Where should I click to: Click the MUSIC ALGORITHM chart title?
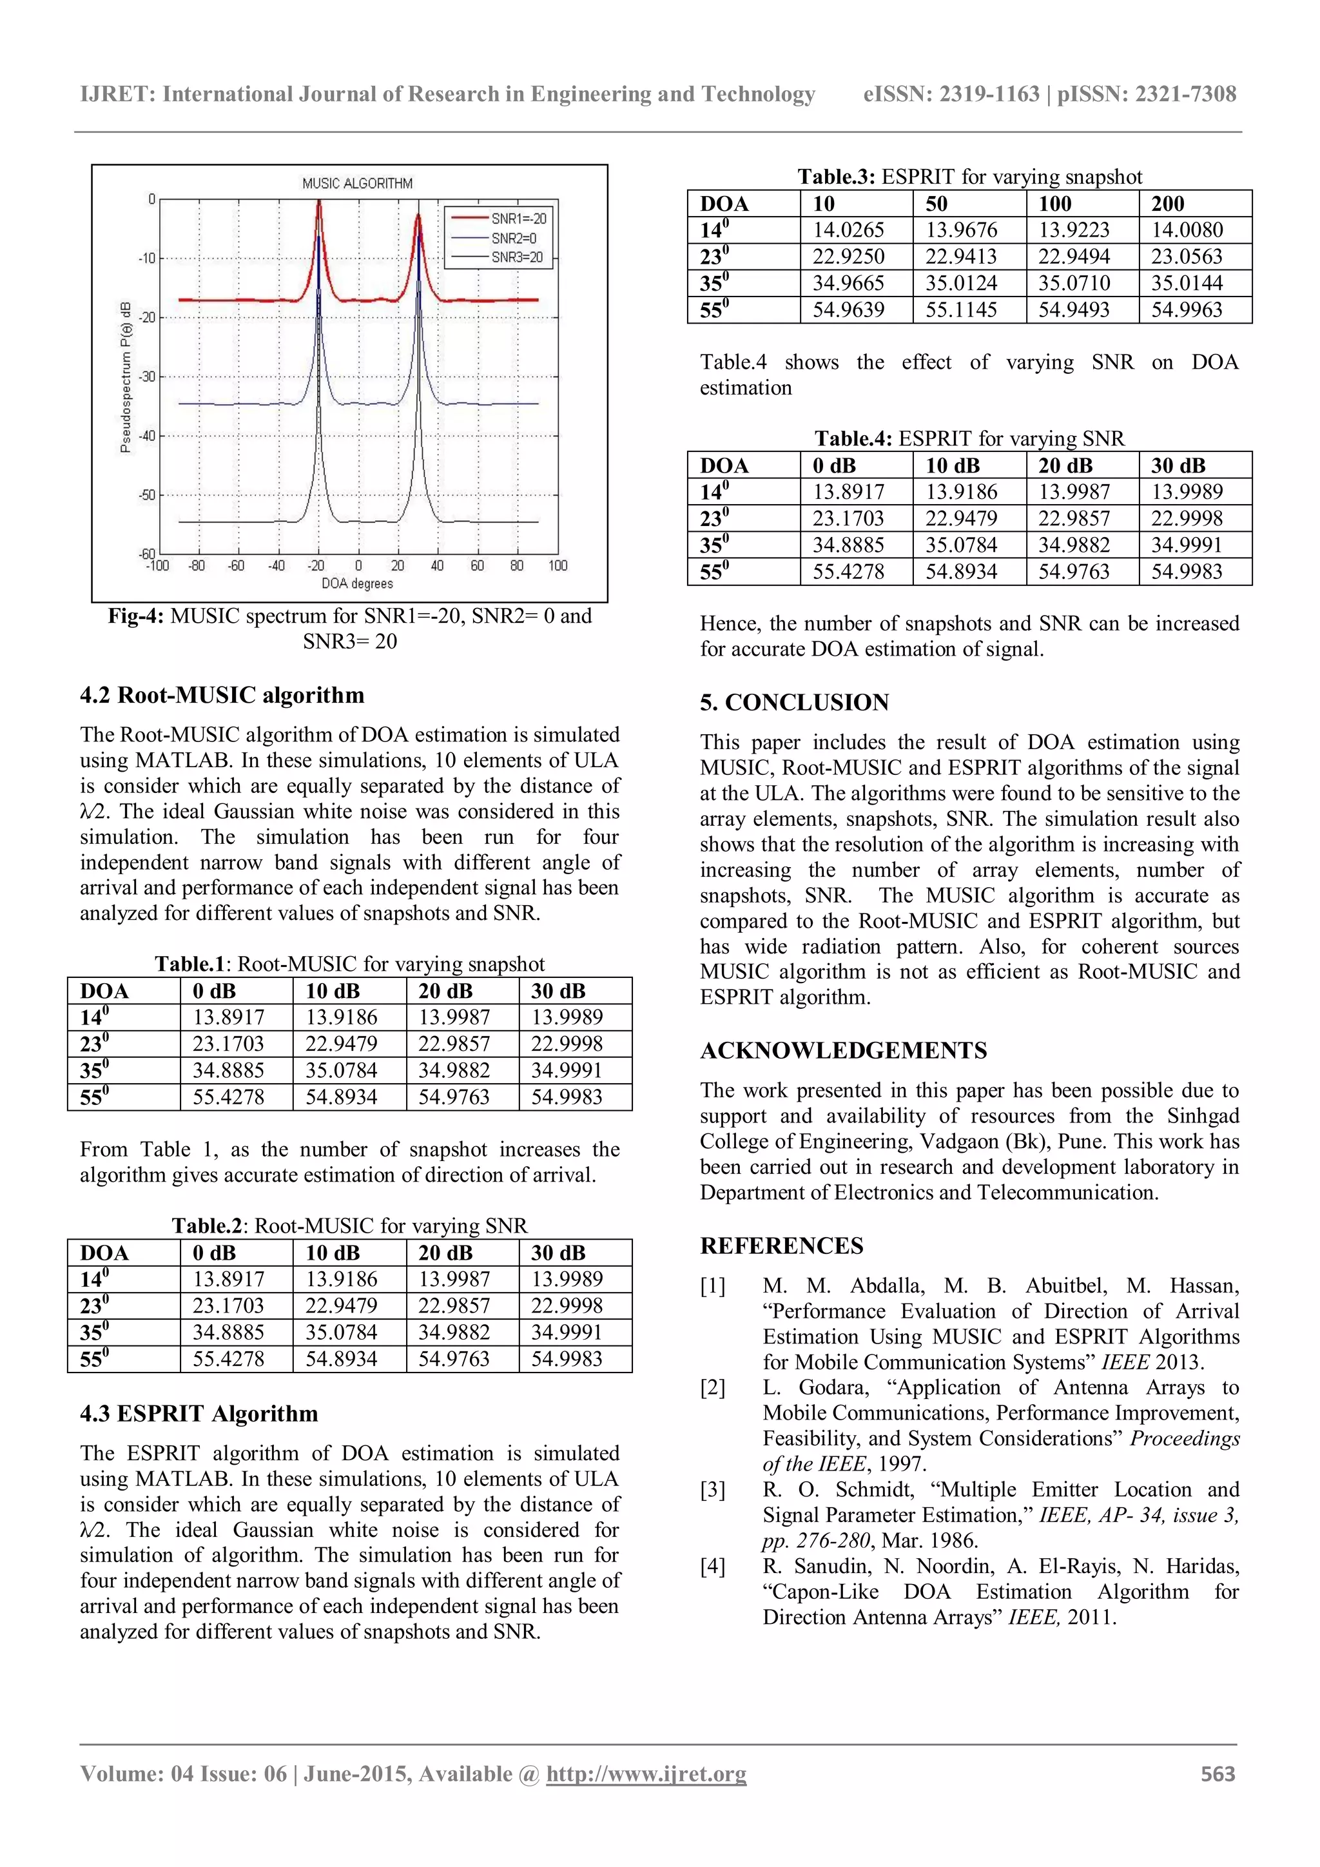click(357, 184)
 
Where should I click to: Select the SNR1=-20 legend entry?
click(519, 219)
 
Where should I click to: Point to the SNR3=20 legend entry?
click(517, 258)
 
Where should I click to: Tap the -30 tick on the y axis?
click(147, 377)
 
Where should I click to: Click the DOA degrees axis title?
click(357, 584)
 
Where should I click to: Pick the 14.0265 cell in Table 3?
click(849, 230)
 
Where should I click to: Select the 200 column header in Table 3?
click(1168, 204)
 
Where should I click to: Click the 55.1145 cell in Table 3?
click(962, 310)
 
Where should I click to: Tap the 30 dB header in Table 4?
click(1178, 466)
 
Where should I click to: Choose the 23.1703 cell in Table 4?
click(849, 519)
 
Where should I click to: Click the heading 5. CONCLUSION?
click(794, 703)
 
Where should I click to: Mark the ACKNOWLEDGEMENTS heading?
click(843, 1051)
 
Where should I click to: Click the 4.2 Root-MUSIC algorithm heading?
click(222, 695)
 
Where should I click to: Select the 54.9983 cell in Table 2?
click(567, 1359)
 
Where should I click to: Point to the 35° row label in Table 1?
click(94, 1071)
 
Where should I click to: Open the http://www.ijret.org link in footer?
click(646, 1774)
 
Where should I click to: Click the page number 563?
click(1218, 1774)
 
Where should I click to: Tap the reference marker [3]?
click(713, 1490)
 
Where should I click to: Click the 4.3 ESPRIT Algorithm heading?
click(199, 1414)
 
